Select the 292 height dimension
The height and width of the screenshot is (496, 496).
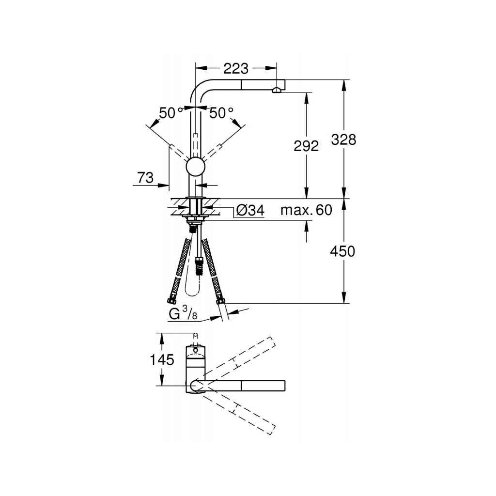point(306,145)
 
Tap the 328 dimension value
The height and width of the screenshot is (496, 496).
point(344,139)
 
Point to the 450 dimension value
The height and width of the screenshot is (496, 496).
point(343,251)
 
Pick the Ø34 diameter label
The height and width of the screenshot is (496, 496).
point(250,211)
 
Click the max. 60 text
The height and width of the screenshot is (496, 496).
point(307,211)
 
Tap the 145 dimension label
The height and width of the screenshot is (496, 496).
point(162,360)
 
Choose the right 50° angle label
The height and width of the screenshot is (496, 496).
point(221,113)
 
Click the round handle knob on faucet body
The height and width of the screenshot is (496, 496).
point(196,167)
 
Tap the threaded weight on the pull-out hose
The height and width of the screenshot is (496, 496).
point(197,265)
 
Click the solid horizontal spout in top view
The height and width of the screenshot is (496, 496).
point(242,386)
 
